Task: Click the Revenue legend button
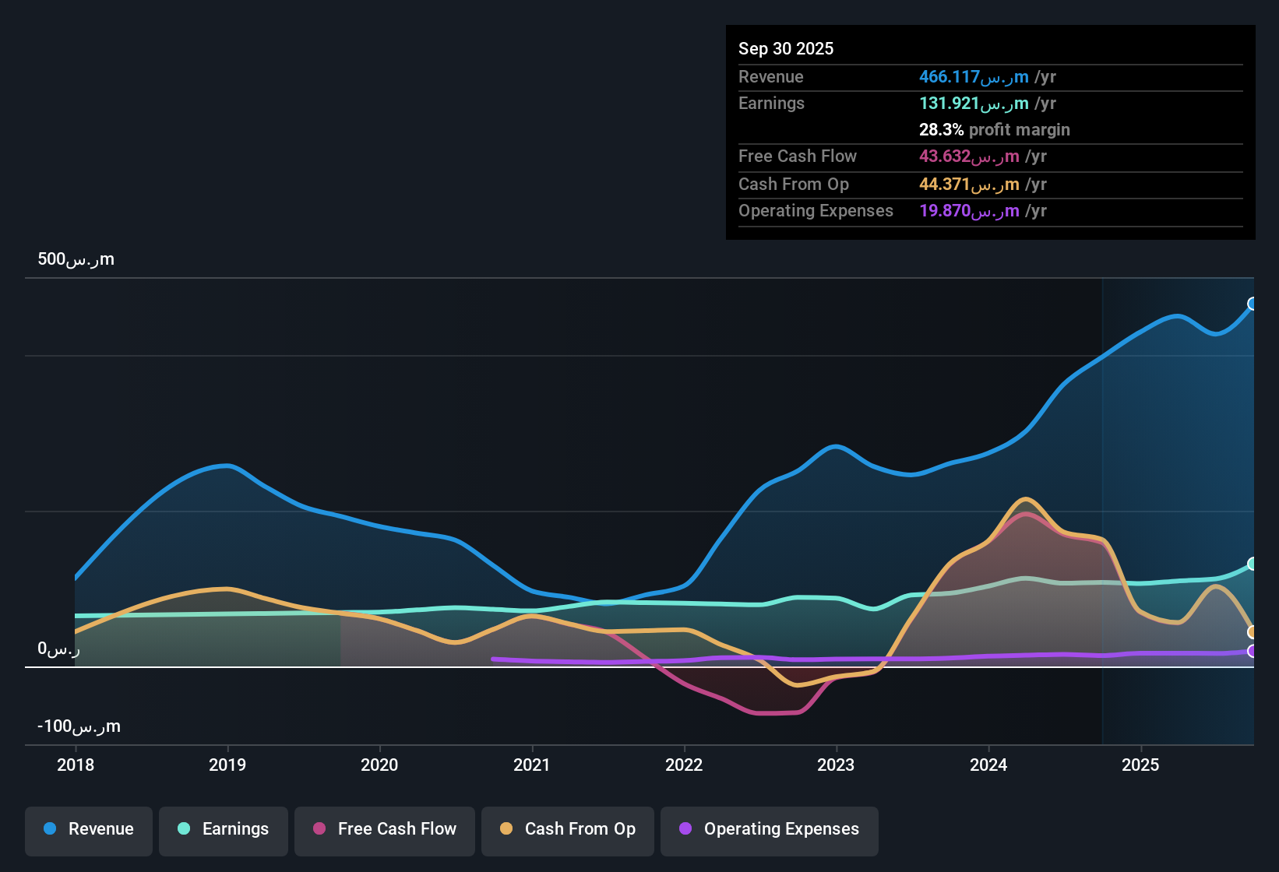(x=89, y=829)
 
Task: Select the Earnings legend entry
(x=224, y=829)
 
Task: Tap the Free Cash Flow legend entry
(x=385, y=829)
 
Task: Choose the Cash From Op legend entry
(x=568, y=829)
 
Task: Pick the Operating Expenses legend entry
(x=770, y=829)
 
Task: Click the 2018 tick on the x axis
(x=76, y=765)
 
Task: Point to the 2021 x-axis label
(x=532, y=765)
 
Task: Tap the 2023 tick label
(x=836, y=765)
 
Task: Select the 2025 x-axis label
(x=1140, y=765)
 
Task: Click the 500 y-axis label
(x=76, y=259)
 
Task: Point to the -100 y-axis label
(x=79, y=726)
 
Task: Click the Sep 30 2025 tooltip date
(x=786, y=49)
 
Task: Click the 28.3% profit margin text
(x=994, y=130)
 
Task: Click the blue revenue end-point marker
(x=1253, y=304)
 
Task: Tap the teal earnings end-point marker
(x=1253, y=564)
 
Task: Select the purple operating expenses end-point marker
(x=1253, y=651)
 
